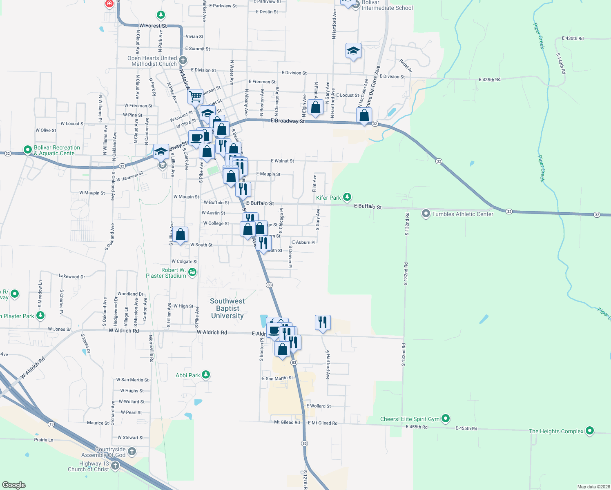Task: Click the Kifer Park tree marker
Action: coord(347,198)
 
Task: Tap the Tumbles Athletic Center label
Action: coord(462,214)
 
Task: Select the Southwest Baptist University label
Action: coord(227,308)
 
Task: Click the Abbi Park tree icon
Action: coord(206,375)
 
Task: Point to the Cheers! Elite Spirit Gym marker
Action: coord(446,419)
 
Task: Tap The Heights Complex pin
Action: coord(589,431)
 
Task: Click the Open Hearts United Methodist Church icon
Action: coord(183,61)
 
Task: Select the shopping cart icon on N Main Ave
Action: coord(196,97)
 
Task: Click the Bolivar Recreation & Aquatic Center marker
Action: coord(28,150)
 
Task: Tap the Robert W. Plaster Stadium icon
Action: coord(192,272)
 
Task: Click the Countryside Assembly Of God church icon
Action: coord(132,452)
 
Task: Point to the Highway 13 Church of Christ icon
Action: coord(115,466)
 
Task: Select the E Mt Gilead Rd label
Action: coord(323,423)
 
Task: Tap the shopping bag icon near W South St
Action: coord(181,235)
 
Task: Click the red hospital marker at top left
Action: coord(109,4)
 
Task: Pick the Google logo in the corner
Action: coord(14,485)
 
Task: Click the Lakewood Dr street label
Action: coord(72,276)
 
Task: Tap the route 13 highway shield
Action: coord(51,424)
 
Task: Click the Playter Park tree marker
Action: coord(40,316)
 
